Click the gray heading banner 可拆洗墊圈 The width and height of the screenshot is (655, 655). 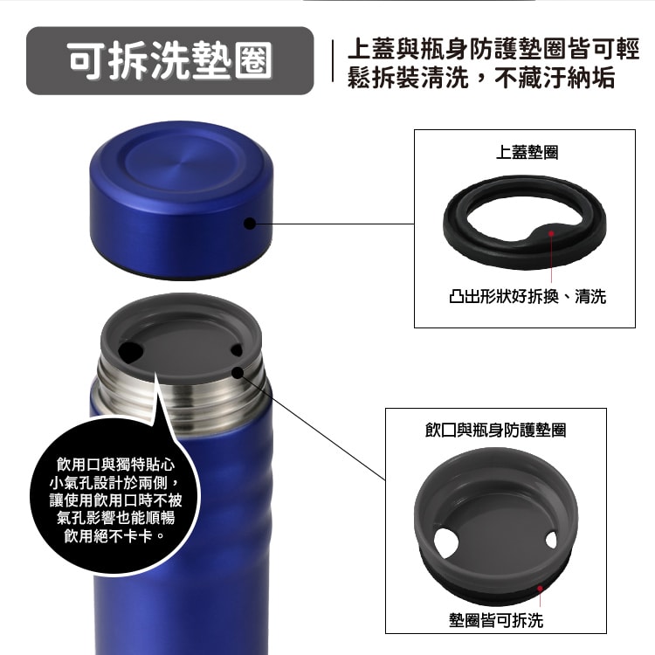tap(169, 60)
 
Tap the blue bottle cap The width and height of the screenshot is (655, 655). tap(181, 200)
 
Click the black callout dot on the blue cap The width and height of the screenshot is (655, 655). tap(250, 224)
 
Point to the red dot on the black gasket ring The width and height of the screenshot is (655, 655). tap(551, 233)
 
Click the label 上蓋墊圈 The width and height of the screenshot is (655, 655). tap(527, 152)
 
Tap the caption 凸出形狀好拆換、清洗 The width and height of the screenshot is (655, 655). tap(527, 296)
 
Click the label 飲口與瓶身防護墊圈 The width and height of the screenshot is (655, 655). tap(495, 430)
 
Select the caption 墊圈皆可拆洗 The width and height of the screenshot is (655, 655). tap(496, 620)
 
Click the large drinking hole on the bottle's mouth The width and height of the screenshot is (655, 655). tap(130, 351)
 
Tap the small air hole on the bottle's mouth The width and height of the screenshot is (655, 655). tap(237, 350)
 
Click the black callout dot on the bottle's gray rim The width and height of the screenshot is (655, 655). tap(238, 373)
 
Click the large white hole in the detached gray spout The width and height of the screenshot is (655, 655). tap(445, 542)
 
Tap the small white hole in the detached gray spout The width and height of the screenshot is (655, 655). tap(551, 540)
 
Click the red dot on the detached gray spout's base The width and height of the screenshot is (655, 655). tap(540, 589)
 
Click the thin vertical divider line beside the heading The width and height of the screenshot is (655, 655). tap(333, 61)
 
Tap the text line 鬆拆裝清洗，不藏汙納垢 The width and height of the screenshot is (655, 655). tap(481, 78)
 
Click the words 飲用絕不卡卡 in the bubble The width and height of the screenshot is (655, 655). tap(107, 536)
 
